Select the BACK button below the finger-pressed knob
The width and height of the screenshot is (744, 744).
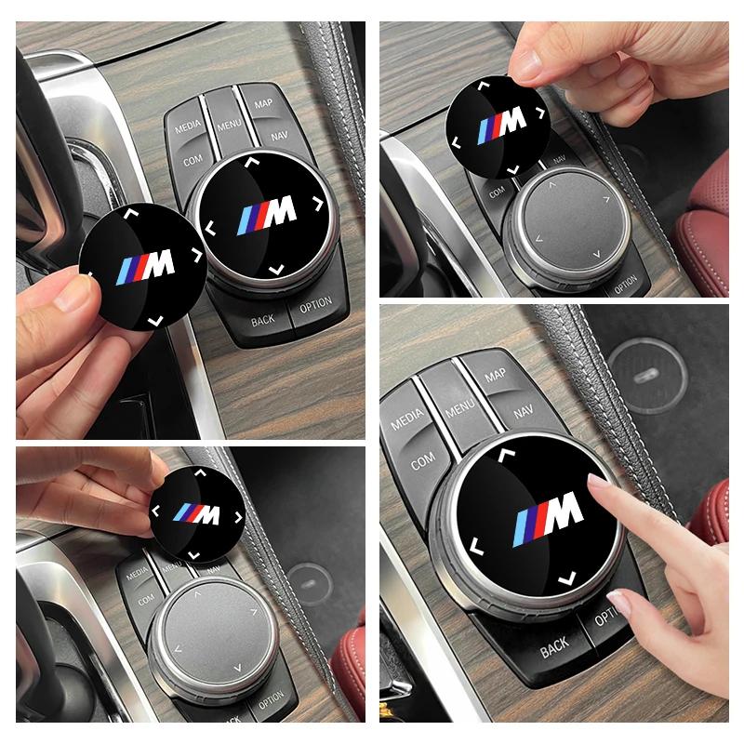553,644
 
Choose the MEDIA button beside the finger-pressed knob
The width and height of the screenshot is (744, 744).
406,420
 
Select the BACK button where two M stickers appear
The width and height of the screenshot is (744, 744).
264,322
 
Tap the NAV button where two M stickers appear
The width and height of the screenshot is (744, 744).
279,136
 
